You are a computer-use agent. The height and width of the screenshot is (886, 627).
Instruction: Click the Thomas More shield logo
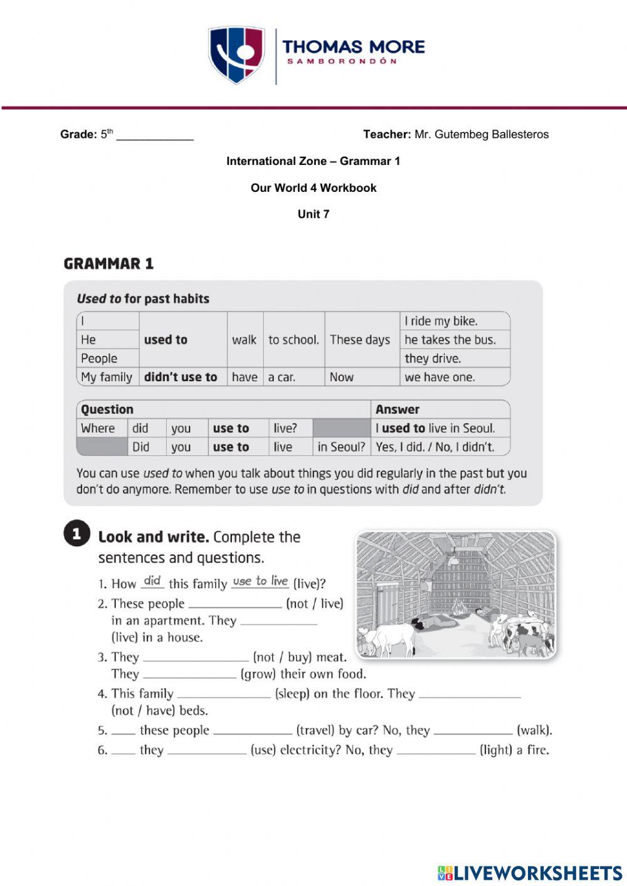coord(236,55)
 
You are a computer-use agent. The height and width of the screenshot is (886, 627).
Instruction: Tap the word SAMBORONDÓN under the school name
coord(342,61)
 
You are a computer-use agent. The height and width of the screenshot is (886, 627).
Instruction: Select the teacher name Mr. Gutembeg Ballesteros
coord(481,134)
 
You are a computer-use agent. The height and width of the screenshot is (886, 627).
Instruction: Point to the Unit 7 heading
coord(313,214)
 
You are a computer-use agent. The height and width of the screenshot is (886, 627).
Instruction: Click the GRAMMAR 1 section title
coord(108,264)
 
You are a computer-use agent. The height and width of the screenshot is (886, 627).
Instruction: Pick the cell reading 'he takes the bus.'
coord(450,340)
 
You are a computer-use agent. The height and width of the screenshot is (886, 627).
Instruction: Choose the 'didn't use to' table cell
coord(181,377)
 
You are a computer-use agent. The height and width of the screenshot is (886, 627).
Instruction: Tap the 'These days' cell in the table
coord(360,340)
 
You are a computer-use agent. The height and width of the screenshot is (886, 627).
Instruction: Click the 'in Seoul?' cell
coord(340,447)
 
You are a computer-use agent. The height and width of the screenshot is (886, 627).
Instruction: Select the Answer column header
coord(398,409)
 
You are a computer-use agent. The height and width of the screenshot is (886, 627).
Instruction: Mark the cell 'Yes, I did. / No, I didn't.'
coord(435,447)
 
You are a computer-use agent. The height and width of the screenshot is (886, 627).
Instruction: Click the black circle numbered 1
coord(76,534)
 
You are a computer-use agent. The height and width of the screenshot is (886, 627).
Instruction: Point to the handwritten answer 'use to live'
coord(260,581)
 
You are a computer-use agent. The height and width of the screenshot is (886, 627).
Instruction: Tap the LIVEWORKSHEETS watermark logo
coord(530,873)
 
